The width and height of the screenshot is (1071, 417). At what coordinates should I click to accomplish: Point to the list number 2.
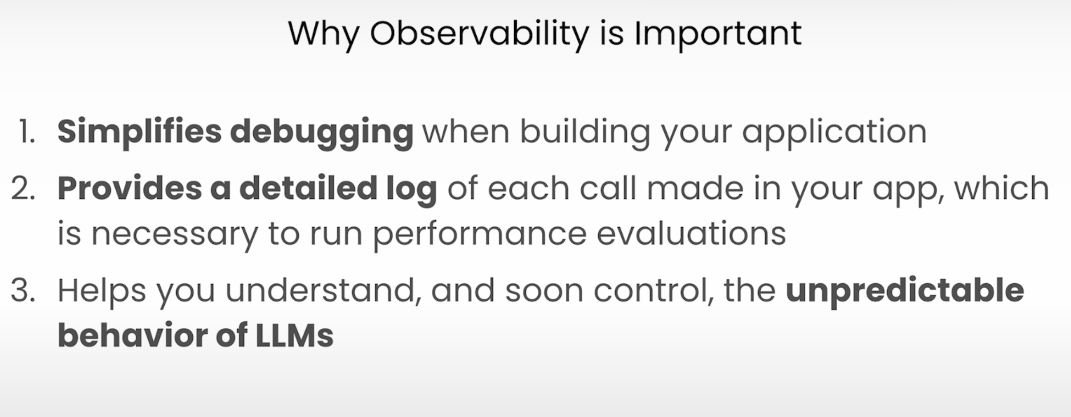point(23,188)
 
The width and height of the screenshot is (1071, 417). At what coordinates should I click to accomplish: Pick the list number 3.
point(23,290)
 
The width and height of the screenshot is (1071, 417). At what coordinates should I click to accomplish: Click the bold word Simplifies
point(139,133)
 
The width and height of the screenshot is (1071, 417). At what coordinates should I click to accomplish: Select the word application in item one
point(834,133)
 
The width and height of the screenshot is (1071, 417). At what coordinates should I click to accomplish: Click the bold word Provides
point(130,188)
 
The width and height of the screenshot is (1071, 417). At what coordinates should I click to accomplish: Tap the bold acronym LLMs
point(295,335)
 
